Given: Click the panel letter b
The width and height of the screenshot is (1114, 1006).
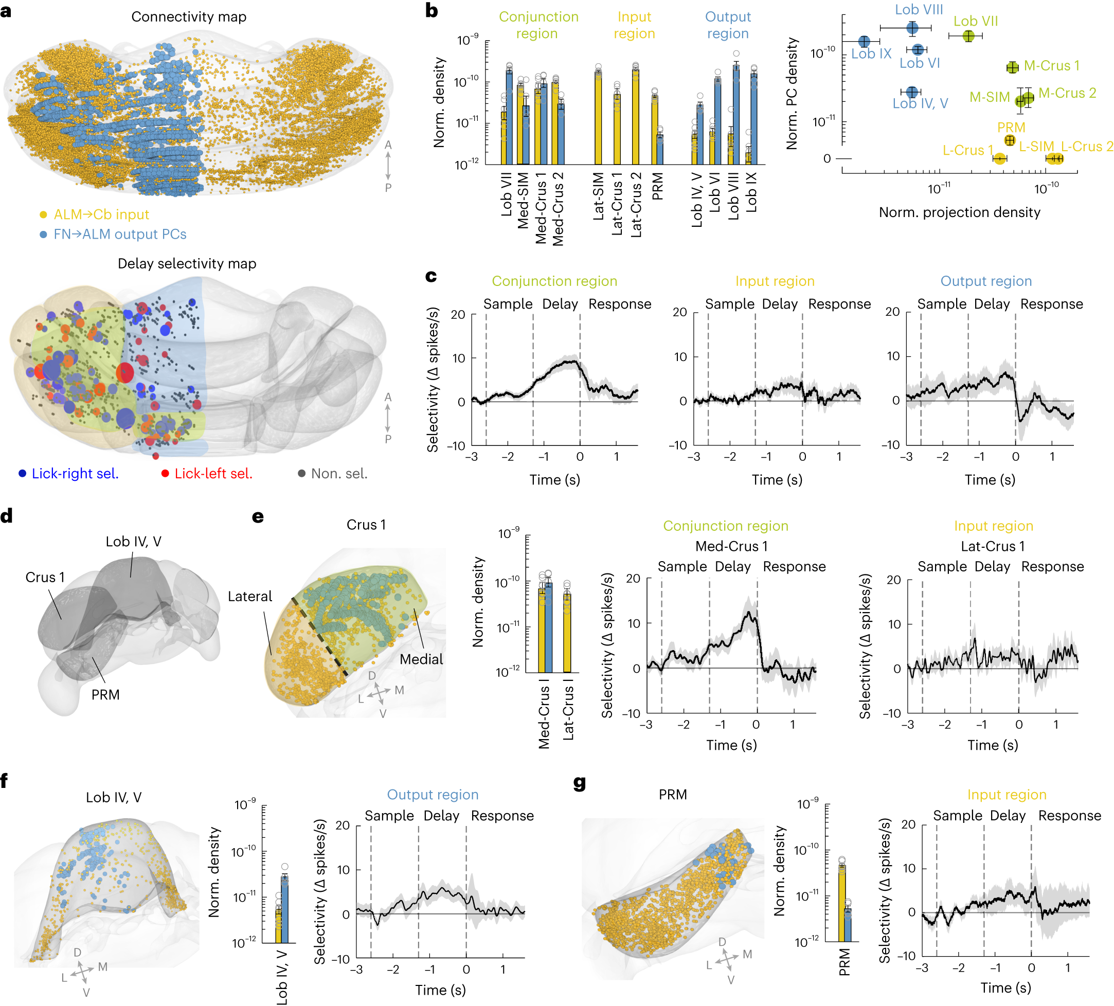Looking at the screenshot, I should coord(432,10).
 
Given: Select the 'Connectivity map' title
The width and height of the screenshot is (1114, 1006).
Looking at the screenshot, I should coord(188,16).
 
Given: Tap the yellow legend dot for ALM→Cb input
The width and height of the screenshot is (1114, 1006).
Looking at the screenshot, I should coord(43,215).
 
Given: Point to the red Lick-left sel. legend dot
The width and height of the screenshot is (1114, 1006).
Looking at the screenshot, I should coord(165,474).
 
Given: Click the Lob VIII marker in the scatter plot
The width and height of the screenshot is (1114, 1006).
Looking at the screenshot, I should coord(912,28).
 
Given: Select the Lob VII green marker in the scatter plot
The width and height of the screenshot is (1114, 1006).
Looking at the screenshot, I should coord(968,36).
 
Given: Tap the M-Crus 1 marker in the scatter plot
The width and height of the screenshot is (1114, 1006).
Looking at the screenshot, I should coord(1012,67).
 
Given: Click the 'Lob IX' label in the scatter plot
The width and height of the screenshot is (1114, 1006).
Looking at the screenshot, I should coord(871,54).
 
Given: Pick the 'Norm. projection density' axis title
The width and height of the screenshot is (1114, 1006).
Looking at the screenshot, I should coord(959,212).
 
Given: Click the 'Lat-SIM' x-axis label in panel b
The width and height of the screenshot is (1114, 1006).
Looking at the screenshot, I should coord(599,196).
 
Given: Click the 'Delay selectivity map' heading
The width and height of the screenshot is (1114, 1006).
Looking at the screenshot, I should coord(187,263).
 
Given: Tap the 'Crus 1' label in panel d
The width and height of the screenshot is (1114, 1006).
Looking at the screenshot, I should coord(45,577).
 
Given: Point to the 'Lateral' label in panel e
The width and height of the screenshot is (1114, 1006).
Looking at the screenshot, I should coord(250,597).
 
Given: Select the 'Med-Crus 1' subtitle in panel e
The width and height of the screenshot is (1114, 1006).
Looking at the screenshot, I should coord(731,546).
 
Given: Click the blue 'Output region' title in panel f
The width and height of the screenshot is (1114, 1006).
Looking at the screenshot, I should coord(432,795).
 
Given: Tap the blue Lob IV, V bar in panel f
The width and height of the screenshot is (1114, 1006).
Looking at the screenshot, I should coord(284,909).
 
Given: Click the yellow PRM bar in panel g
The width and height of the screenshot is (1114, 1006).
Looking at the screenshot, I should coord(841,903).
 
